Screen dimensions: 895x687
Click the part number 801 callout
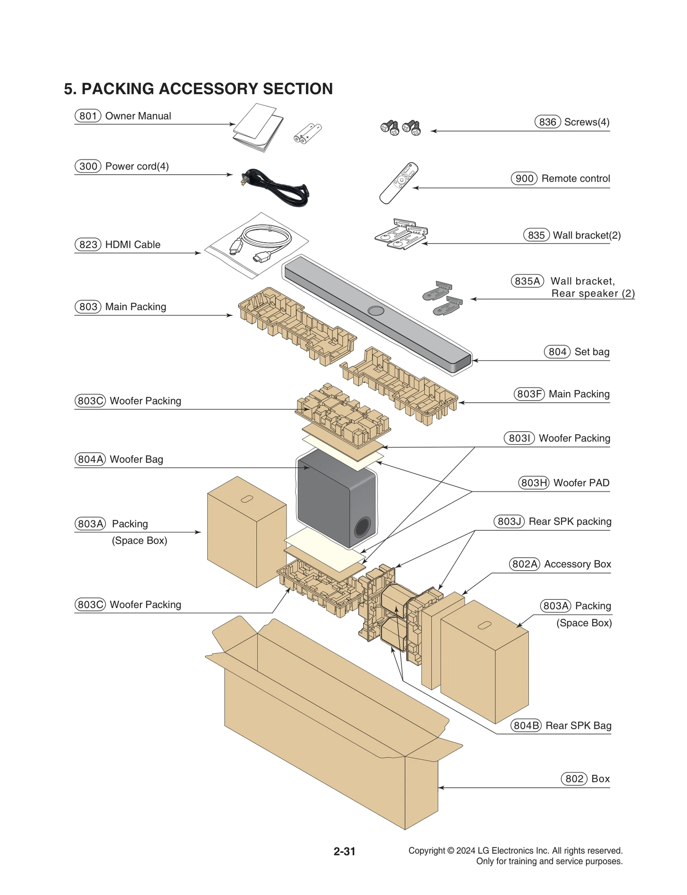88,116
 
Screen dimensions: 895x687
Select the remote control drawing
398,183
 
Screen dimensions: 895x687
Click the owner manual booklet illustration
258,128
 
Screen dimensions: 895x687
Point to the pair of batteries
307,133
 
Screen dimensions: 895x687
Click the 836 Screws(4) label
571,122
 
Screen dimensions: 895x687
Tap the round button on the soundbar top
376,311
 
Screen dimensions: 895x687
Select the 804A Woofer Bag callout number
90,459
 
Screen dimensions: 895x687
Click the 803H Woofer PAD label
564,483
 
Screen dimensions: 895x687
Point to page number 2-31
344,851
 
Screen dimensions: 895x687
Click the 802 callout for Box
574,779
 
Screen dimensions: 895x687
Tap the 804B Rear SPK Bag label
561,725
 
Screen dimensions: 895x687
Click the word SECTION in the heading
298,89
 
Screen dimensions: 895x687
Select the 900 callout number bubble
524,178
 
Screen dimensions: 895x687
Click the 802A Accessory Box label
560,564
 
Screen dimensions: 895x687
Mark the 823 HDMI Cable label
117,244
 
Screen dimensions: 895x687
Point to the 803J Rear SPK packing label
553,521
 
